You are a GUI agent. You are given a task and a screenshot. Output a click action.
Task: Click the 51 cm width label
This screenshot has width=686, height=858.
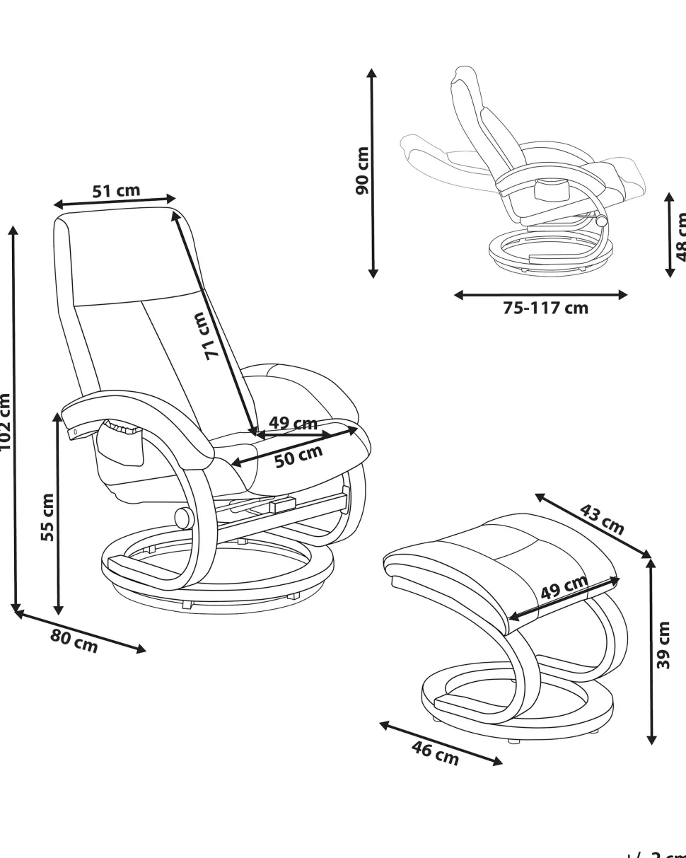(x=116, y=191)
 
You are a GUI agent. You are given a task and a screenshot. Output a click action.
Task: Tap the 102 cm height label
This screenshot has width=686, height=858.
(x=5, y=421)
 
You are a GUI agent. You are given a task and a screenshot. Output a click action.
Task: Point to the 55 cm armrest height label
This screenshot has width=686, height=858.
(x=47, y=517)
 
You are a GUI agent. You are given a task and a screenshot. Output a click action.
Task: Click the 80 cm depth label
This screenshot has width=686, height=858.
(x=74, y=641)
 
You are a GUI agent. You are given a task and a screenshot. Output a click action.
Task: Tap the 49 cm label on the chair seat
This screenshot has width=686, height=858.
(x=293, y=424)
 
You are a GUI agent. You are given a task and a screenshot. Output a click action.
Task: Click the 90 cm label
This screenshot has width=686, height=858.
(x=362, y=171)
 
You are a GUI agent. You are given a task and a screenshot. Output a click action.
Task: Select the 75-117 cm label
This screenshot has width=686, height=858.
(x=545, y=308)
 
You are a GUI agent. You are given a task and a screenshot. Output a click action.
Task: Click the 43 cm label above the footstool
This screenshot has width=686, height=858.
(x=602, y=519)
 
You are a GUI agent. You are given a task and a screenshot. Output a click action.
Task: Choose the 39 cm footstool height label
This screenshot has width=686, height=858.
(x=663, y=645)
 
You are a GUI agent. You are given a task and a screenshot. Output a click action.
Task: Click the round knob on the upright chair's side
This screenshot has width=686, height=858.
(x=184, y=518)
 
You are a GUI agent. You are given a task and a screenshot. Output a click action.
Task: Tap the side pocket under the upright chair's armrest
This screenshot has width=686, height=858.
(x=122, y=446)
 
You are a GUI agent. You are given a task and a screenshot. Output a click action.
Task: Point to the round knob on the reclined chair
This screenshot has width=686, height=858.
(x=602, y=221)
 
